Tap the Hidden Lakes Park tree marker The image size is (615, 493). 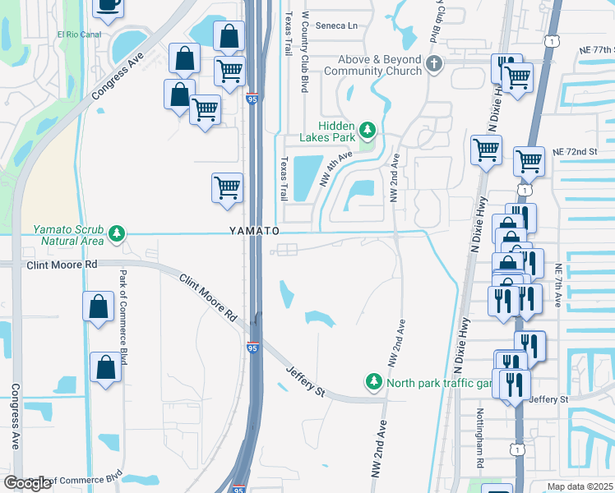click(368, 130)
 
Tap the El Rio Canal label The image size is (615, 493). click(79, 35)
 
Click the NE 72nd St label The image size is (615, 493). click(574, 153)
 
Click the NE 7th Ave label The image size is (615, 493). click(558, 286)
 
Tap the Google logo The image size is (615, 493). click(27, 483)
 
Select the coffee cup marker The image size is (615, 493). click(108, 4)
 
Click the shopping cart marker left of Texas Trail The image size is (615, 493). click(226, 187)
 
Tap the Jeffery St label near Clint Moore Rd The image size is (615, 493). click(306, 382)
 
